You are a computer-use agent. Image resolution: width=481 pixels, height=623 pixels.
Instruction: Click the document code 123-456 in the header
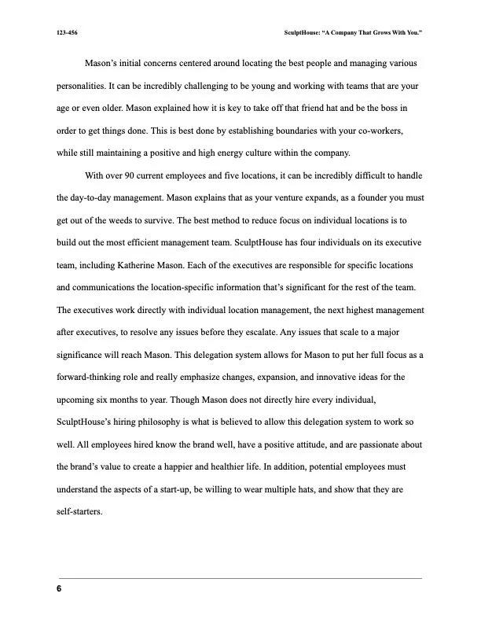click(67, 33)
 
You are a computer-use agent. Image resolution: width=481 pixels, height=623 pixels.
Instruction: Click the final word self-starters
click(80, 512)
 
